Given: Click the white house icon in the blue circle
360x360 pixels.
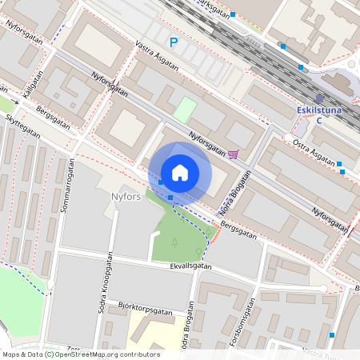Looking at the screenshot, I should point(180,172).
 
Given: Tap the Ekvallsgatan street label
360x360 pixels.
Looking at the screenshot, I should point(190,267).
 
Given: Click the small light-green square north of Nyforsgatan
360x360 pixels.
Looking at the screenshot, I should point(185,110).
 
